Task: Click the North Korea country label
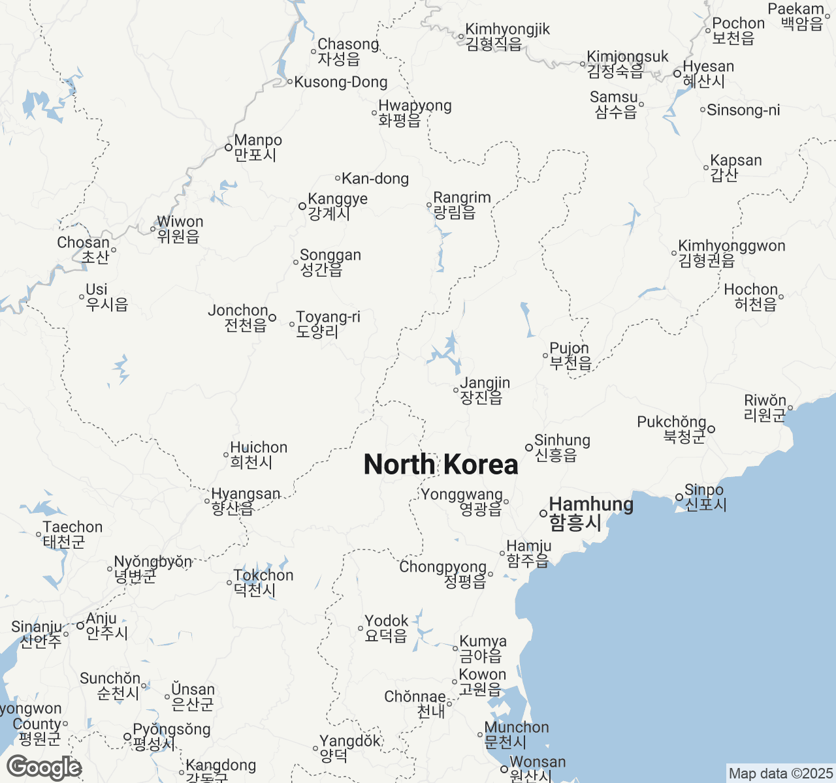click(x=441, y=465)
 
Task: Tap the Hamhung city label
click(x=590, y=513)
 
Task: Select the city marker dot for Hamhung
click(x=543, y=514)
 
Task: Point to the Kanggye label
click(x=337, y=206)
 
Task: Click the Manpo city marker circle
click(x=228, y=147)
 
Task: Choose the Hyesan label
click(x=708, y=74)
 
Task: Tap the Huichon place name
click(x=258, y=455)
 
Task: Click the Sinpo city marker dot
click(x=679, y=497)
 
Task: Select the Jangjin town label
click(x=485, y=390)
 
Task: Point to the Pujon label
click(x=570, y=356)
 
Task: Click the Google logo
click(x=44, y=767)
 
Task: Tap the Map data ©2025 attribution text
click(x=780, y=774)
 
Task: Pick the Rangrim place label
click(x=461, y=204)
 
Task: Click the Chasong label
click(x=347, y=52)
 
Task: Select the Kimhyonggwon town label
click(x=731, y=253)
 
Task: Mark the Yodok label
click(x=386, y=628)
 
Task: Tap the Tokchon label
click(x=263, y=582)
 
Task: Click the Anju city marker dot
click(x=80, y=626)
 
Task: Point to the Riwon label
click(x=765, y=407)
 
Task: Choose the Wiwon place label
click(x=180, y=229)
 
